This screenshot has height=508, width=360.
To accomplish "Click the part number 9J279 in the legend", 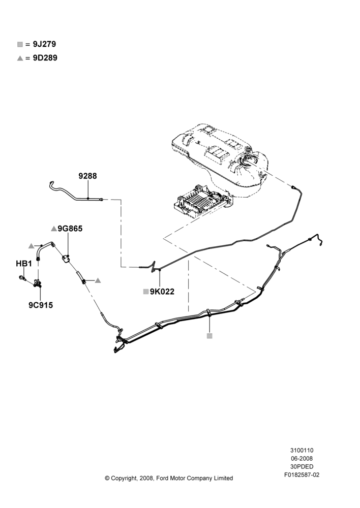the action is pos(44,44).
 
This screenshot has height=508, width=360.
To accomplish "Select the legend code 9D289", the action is pos(45,58).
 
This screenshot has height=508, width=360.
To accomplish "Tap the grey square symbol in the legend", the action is pos(20,44).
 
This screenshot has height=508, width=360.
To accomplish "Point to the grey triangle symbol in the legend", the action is pos(20,58).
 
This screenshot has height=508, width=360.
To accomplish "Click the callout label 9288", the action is pos(87,176).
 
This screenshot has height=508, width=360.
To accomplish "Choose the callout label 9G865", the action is pos(70,229).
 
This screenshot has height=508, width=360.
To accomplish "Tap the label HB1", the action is pos(24,264).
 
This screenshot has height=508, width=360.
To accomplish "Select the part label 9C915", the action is pos(41,305).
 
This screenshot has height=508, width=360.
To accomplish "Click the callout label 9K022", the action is pos(162,292).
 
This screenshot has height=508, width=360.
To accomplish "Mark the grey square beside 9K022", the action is pos(146,292).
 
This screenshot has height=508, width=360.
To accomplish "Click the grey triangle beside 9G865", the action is pos(54,229).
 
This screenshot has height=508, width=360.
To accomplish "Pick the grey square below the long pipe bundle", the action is pos(209,336).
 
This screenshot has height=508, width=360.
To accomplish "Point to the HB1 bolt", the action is pos(22,278).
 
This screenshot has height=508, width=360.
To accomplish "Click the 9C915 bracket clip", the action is pos(38,284).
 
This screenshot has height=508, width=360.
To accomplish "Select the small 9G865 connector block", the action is pos(66,259).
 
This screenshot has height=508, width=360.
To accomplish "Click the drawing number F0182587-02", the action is pos(302,475).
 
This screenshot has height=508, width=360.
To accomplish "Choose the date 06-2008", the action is pos(302,458).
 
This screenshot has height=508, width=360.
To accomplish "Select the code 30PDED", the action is pos(302,466).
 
